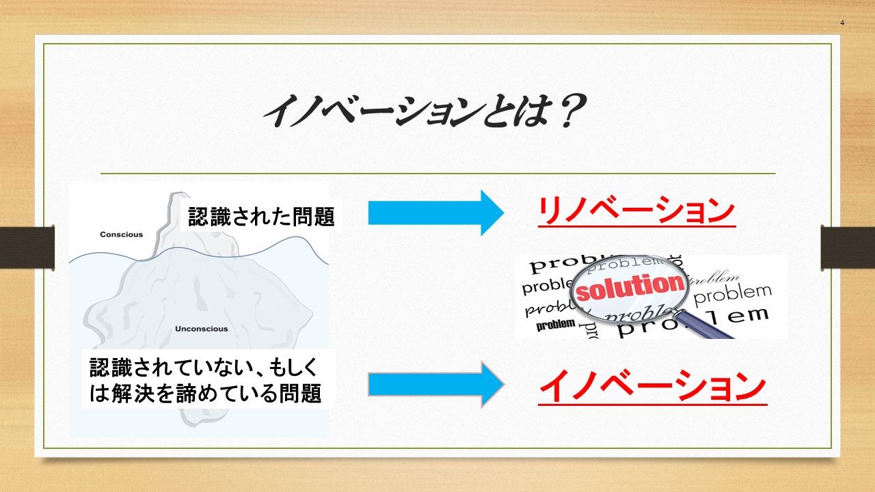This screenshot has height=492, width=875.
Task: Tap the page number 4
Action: click(842, 23)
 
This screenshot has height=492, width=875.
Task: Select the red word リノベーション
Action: click(636, 211)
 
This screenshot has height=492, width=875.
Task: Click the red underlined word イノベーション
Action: click(652, 387)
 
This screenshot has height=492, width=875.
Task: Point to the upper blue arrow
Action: click(436, 213)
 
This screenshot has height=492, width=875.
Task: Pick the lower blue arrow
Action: click(436, 385)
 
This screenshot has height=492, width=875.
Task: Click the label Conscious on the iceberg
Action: click(122, 234)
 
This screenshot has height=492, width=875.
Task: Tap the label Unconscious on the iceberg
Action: click(201, 329)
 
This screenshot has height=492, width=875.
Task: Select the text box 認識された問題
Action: click(261, 216)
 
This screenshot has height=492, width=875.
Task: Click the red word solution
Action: click(630, 287)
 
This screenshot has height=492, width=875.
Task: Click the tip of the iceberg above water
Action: click(180, 193)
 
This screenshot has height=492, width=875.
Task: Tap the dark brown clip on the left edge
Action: click(27, 247)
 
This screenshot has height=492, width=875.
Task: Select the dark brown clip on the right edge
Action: click(848, 247)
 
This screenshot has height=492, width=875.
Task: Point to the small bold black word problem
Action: click(556, 324)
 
